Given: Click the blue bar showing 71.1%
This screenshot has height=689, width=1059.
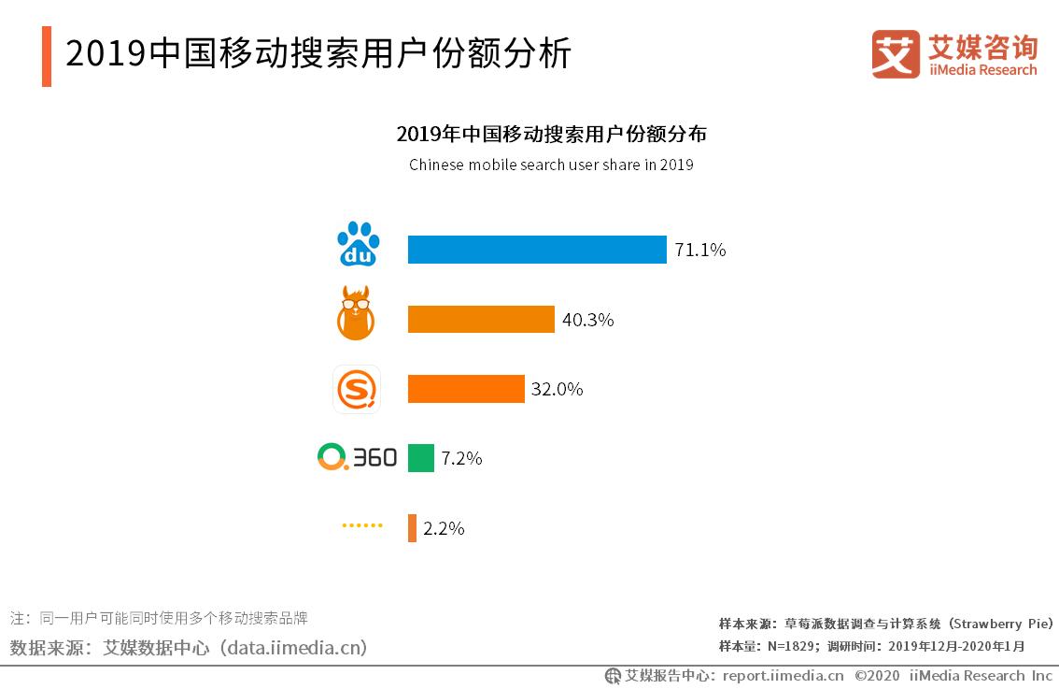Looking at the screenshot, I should pos(537,250).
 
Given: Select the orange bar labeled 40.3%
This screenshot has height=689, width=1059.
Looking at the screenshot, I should pos(481,319).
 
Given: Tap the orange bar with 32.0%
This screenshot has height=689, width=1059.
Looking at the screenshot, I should pos(466,389).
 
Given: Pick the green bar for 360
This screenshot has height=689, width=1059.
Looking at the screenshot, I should pos(421,458).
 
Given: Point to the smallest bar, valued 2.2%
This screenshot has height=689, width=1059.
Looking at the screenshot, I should pos(412,528).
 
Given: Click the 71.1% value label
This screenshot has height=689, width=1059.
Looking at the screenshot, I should pos(700,250).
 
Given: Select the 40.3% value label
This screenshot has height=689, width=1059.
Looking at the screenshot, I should pos(587,320).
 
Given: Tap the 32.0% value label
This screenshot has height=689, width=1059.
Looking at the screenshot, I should pos(557,389).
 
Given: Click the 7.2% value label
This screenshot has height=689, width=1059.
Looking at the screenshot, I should pos(461,458).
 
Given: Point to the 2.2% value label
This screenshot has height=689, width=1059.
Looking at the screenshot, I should pos(444,528).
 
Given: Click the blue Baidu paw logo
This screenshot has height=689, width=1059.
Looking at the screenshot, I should pos(358,245).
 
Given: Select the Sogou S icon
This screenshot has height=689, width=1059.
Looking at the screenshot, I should pos(357,389).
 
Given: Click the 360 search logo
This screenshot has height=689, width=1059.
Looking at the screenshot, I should pos(357,457).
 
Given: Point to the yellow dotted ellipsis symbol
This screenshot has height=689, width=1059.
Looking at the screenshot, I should pos(362,526).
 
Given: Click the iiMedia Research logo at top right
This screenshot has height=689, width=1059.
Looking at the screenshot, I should pos(954,54).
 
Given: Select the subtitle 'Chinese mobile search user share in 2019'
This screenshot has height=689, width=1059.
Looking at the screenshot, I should pos(551,165).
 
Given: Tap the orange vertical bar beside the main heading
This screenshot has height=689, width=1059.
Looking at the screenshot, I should pos(47,56).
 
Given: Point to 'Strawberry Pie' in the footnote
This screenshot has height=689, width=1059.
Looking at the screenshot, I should pos(1004,624).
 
